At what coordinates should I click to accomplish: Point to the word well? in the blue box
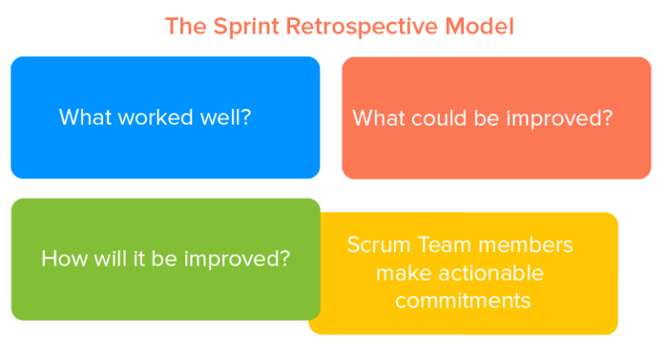(x=227, y=117)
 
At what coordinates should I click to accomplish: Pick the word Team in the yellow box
(x=441, y=245)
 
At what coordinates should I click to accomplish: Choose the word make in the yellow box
(x=404, y=273)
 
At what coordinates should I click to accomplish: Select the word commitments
(x=462, y=301)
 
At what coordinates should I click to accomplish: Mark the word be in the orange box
(x=486, y=118)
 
